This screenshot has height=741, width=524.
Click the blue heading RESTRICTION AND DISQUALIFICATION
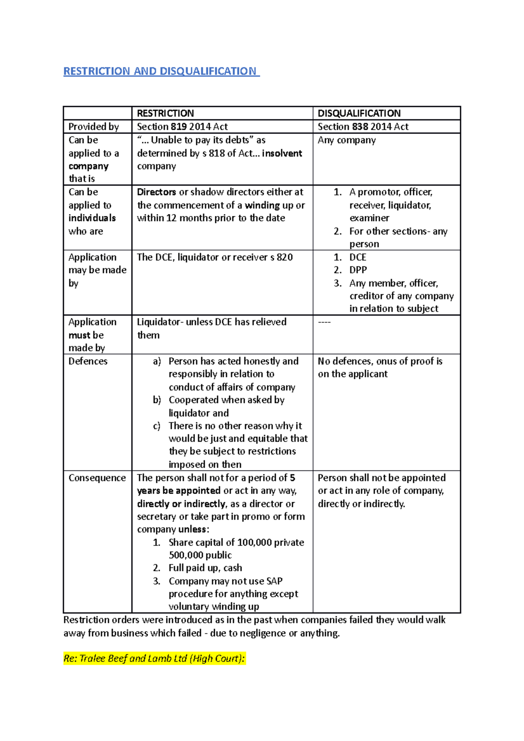click(160, 71)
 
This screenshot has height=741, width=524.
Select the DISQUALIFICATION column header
click(359, 113)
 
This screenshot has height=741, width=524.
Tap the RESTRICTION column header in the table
click(165, 113)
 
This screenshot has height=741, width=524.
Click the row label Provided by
click(93, 127)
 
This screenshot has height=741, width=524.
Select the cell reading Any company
click(347, 140)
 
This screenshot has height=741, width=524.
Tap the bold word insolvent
click(282, 153)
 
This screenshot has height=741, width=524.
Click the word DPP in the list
click(358, 270)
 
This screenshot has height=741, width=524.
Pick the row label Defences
click(88, 361)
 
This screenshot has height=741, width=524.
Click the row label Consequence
click(97, 478)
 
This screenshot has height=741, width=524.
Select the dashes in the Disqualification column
click(324, 322)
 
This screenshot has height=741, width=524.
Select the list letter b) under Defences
click(157, 400)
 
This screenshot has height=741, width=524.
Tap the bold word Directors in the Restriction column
click(156, 192)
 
